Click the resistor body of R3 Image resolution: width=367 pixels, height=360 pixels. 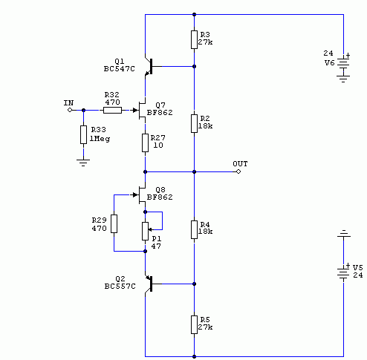(194, 39)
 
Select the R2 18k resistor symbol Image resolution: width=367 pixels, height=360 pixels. (194, 123)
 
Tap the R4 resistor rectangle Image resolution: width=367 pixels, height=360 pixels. (194, 229)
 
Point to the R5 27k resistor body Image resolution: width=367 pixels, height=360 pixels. (194, 324)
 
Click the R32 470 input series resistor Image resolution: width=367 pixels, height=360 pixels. (112, 110)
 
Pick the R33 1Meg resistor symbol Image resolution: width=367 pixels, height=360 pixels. (83, 134)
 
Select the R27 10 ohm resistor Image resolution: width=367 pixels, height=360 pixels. (145, 143)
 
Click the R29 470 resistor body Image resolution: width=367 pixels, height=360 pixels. (114, 223)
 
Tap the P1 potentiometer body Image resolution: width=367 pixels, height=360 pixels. (145, 231)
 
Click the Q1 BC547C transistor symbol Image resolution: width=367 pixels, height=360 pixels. (149, 66)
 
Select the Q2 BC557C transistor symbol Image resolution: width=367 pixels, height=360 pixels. (149, 284)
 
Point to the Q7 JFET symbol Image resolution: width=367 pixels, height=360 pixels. (140, 110)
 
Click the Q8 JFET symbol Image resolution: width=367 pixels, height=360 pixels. (140, 195)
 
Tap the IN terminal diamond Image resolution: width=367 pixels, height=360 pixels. (70, 110)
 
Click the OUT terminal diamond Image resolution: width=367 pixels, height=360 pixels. (238, 171)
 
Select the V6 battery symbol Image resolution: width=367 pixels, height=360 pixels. (343, 63)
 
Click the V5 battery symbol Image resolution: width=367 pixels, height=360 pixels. (343, 273)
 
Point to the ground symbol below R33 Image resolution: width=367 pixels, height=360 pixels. (83, 163)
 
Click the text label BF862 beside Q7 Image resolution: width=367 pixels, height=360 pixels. (160, 113)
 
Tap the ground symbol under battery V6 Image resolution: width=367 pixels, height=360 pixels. (343, 79)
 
